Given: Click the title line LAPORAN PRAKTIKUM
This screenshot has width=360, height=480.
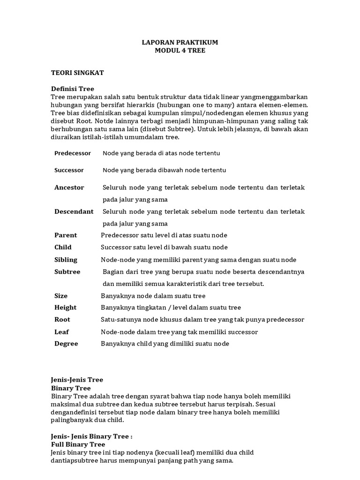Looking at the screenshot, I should [180, 42].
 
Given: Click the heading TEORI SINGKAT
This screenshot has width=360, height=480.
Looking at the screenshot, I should [77, 73].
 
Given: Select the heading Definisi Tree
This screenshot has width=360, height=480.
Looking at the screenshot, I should [73, 89].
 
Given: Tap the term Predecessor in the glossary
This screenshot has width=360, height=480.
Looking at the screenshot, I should [73, 153].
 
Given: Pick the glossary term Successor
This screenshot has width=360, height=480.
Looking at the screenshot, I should [69, 170].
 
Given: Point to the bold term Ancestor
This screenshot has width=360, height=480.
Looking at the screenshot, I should [69, 187].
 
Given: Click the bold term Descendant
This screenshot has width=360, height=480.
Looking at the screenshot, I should [74, 211].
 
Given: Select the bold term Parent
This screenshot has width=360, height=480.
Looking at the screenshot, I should [66, 235].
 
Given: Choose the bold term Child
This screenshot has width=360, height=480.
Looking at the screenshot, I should [63, 247].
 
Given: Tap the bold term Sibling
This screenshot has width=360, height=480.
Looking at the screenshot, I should [66, 260].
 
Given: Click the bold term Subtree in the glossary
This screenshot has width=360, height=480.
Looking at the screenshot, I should [67, 272].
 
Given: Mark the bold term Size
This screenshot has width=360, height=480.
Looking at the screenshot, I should [61, 296].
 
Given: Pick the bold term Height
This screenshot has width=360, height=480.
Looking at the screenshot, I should [65, 307].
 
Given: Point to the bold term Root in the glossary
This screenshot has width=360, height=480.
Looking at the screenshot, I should [62, 320].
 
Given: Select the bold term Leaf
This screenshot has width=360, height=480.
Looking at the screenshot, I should [61, 332].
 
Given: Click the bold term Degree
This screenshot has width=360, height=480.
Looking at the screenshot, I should [66, 344].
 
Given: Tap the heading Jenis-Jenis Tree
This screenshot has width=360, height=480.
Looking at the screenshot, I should [77, 380].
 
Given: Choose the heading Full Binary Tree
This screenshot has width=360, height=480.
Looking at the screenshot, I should [78, 444].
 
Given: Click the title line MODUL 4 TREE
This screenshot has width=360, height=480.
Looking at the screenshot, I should [180, 50].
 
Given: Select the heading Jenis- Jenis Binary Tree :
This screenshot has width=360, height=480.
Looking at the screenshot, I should [92, 436].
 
